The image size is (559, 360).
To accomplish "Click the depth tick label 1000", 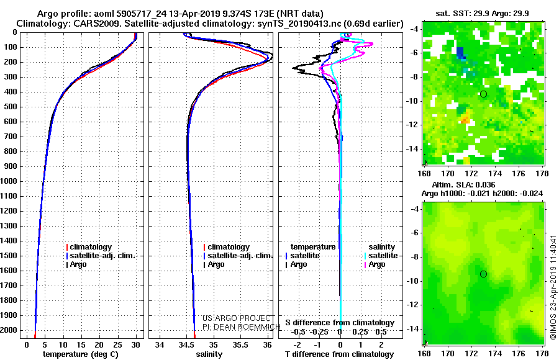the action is click(x=9, y=181).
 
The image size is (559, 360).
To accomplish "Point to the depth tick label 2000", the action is click(x=9, y=330).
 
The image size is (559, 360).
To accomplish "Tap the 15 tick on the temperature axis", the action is click(x=81, y=345).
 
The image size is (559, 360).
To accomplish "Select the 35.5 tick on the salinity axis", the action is click(x=240, y=345).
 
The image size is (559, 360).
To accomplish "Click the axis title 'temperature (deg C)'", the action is click(x=81, y=354).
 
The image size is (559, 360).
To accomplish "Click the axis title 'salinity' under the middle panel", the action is click(x=209, y=354).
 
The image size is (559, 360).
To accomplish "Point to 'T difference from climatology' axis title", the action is click(x=340, y=354).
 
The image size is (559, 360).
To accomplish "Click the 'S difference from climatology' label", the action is click(x=340, y=323).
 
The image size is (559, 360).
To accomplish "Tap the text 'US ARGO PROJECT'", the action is click(x=237, y=318).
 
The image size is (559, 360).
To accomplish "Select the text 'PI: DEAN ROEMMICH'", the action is click(x=242, y=326).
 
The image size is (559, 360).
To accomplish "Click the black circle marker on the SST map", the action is click(x=483, y=94).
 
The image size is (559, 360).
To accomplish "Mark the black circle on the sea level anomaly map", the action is click(x=483, y=274).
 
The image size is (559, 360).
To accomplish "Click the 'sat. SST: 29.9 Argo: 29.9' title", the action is click(x=483, y=14).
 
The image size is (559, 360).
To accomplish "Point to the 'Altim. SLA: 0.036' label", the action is click(x=463, y=184).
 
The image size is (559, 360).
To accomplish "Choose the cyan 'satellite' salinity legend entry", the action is click(x=381, y=256).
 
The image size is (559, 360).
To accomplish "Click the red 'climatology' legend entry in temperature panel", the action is click(x=89, y=247).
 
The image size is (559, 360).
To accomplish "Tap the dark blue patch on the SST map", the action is click(x=461, y=53).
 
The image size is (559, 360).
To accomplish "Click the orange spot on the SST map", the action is click(x=465, y=119).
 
